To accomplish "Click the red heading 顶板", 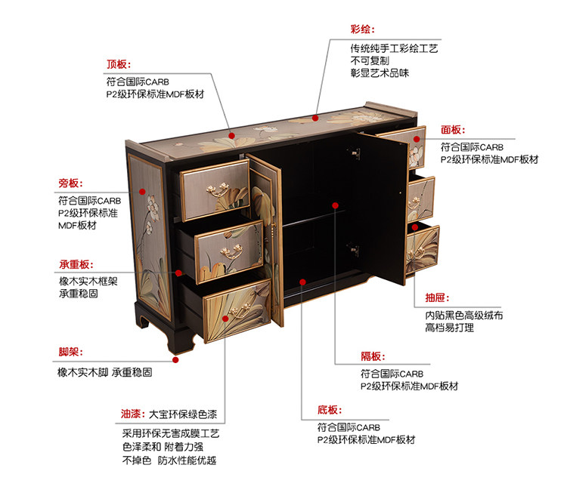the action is [119, 64].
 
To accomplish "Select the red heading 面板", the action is [454, 130].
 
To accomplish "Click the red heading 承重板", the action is [76, 264].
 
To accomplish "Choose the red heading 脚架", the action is [70, 353].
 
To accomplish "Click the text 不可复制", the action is [370, 60].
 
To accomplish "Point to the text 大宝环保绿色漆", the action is [182, 414].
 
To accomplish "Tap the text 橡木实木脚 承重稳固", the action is [105, 373].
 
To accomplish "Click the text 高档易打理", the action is [450, 328].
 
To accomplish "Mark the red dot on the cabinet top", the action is [231, 137].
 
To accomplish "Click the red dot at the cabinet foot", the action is [175, 360].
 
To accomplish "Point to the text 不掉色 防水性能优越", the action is [169, 460].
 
